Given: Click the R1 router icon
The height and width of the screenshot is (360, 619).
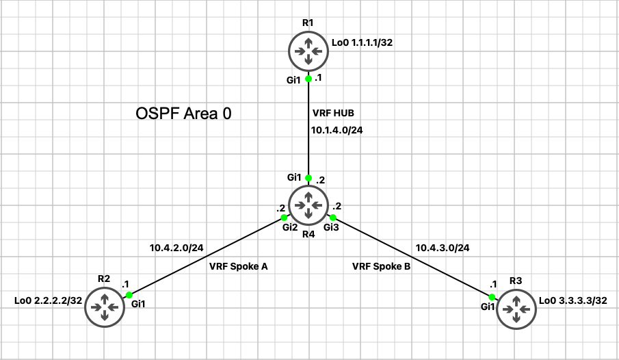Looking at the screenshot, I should [308, 50].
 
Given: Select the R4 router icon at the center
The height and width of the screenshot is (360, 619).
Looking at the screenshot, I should [308, 204].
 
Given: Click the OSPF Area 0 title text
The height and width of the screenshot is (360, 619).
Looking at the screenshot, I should [184, 114].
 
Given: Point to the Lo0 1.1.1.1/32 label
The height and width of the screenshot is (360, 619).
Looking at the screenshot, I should [362, 42].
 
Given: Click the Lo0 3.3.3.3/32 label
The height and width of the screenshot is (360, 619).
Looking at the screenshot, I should [573, 300].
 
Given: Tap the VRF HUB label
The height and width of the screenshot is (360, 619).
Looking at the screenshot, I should [333, 113].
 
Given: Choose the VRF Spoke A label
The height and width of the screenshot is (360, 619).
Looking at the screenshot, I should [238, 266].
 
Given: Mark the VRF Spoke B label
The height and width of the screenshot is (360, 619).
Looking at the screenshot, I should [381, 266].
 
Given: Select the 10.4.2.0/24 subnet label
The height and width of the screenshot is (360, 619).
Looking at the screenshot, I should [176, 246].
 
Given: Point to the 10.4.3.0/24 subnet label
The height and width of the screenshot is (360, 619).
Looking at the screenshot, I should [442, 246].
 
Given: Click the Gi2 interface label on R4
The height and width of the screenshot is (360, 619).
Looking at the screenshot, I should [290, 227].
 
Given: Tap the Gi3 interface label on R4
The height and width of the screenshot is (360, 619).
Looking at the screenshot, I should [331, 227].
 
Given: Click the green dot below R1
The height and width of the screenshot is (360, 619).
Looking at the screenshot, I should [308, 79].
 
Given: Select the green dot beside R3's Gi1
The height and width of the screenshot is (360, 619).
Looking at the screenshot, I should [492, 296].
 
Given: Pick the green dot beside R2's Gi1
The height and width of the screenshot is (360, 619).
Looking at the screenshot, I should [129, 295].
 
